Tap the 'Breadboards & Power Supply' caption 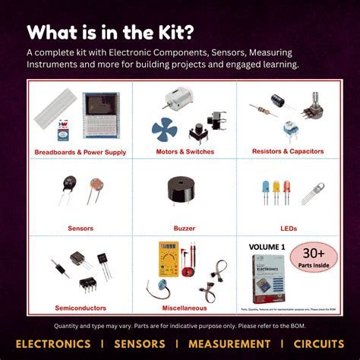click(x=80, y=153)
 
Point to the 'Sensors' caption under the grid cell click(x=80, y=228)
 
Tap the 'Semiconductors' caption click(x=80, y=308)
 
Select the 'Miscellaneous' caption click(x=185, y=308)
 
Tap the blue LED click(x=265, y=191)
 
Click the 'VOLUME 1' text click(x=267, y=247)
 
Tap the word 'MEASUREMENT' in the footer click(x=214, y=344)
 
